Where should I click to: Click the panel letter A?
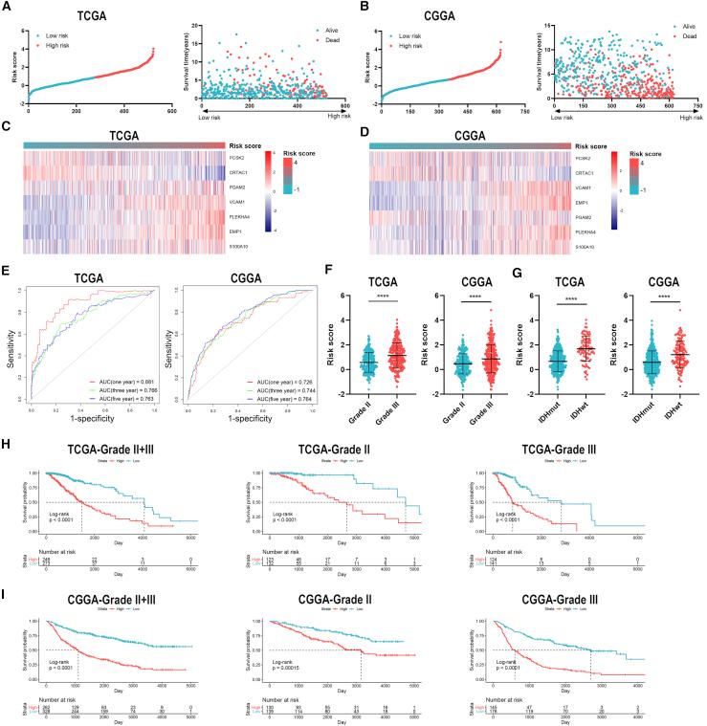8,7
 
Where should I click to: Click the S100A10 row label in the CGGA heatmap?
596,247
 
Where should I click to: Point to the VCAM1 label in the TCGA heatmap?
240,203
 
